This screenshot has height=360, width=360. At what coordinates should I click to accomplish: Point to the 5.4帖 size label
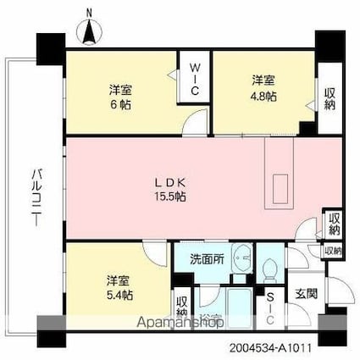point(119,294)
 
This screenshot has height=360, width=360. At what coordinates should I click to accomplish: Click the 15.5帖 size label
point(169,197)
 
